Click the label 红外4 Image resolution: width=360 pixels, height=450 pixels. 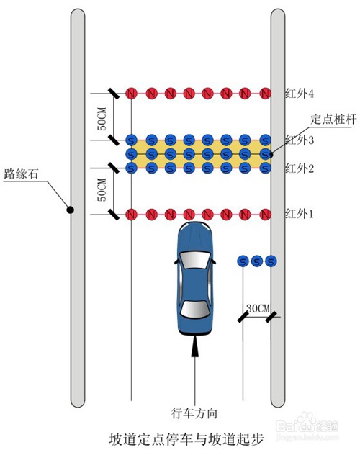click(x=300, y=94)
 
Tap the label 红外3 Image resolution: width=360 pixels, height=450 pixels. click(x=300, y=140)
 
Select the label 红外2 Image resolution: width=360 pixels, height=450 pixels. click(x=300, y=168)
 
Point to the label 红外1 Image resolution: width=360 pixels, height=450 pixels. click(x=299, y=214)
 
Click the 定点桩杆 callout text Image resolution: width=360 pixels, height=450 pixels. click(x=333, y=119)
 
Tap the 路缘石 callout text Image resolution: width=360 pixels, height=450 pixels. click(x=21, y=174)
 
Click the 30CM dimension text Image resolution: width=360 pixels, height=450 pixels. click(x=258, y=308)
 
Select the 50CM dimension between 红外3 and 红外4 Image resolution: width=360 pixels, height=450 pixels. click(x=102, y=119)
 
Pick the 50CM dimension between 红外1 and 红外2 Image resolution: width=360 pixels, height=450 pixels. click(x=102, y=189)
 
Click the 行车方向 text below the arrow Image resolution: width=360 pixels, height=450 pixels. click(x=194, y=413)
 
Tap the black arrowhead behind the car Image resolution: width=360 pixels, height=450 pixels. click(x=195, y=347)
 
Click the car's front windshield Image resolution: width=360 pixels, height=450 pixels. click(x=195, y=260)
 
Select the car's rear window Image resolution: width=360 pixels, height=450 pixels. click(x=195, y=310)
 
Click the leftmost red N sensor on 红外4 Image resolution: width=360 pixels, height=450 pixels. click(x=131, y=94)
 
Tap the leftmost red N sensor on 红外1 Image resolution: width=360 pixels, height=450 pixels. click(x=131, y=215)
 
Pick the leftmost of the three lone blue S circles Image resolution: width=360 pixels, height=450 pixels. click(x=243, y=261)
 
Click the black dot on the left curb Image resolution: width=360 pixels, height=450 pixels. click(x=70, y=210)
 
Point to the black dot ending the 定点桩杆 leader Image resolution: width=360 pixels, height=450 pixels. click(x=271, y=155)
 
